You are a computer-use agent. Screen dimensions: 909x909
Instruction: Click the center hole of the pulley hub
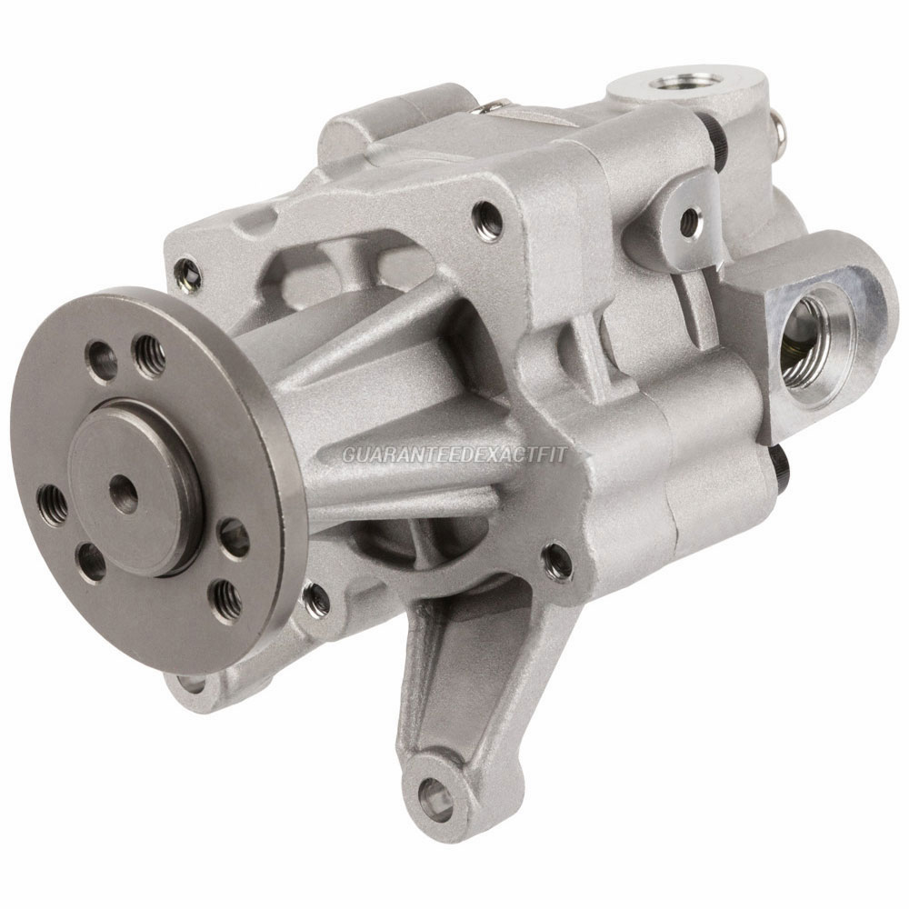coord(124,492)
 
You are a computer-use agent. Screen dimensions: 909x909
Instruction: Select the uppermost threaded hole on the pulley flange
coord(147,351)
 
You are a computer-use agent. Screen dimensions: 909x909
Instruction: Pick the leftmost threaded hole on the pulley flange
coord(51,501)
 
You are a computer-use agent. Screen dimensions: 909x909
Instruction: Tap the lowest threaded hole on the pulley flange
coord(223,596)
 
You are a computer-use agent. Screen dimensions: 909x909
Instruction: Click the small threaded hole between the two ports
coord(690,218)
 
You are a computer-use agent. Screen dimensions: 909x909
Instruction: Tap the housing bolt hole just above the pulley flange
coord(188,269)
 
